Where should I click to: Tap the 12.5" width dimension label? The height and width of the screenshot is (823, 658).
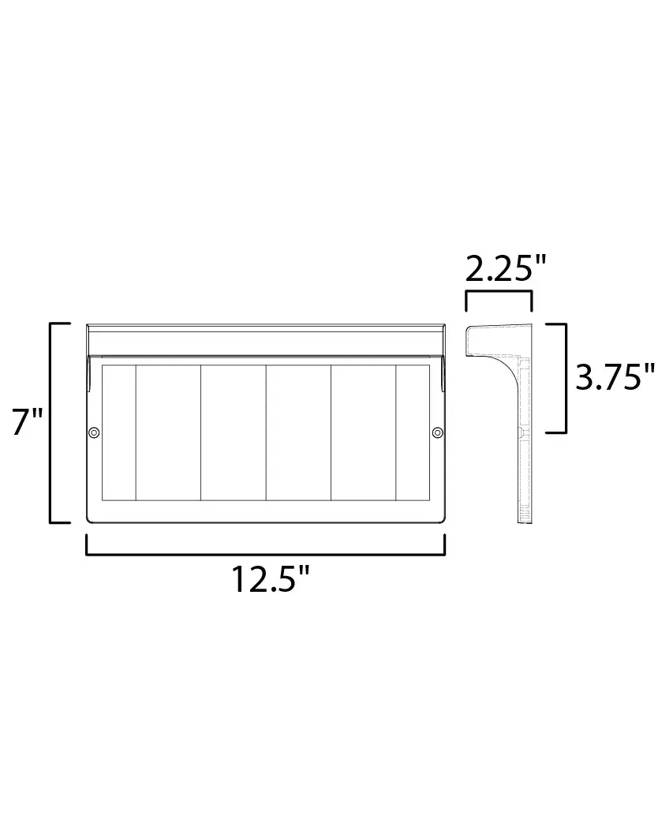pos(271,578)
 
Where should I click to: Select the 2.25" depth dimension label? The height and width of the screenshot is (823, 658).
pos(506,269)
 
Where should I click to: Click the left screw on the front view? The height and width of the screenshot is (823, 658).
pos(94,432)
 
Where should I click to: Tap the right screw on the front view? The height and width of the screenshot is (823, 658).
pos(438,432)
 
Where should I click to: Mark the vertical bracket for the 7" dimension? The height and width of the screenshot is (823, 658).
pos(51,423)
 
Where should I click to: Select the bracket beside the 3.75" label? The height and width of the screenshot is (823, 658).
pos(565,379)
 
